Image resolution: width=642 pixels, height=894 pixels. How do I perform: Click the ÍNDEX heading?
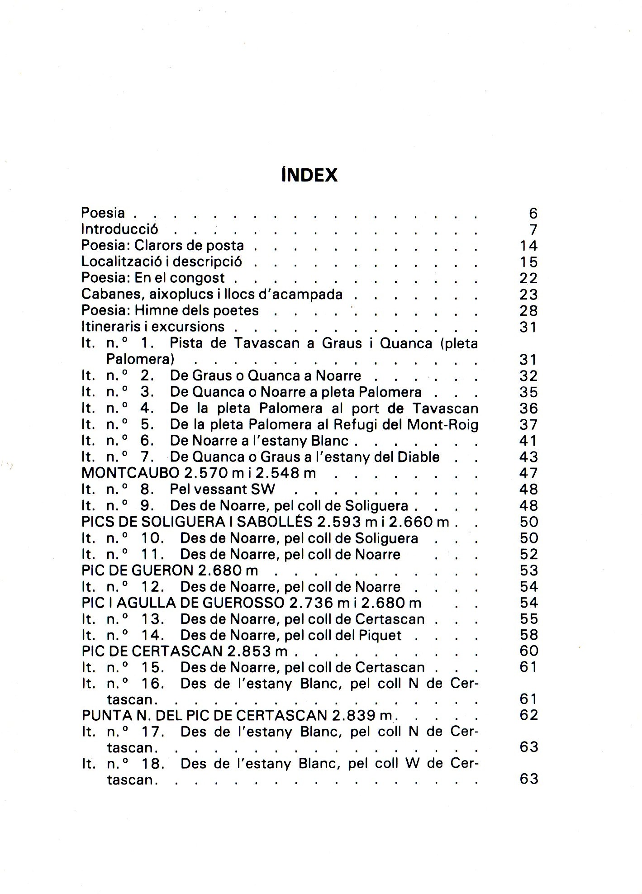point(309,175)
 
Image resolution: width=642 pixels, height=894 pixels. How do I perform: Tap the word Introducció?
point(119,229)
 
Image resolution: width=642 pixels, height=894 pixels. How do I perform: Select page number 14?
point(528,246)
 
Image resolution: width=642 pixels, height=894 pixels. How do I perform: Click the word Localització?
point(122,262)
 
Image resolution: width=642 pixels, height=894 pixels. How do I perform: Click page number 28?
point(528,311)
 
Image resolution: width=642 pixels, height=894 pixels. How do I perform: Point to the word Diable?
point(418,457)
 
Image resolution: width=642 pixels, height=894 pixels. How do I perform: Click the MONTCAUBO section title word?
point(130,473)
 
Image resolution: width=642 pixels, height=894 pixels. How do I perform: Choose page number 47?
point(528,473)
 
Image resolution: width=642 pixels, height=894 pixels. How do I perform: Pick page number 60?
point(528,651)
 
